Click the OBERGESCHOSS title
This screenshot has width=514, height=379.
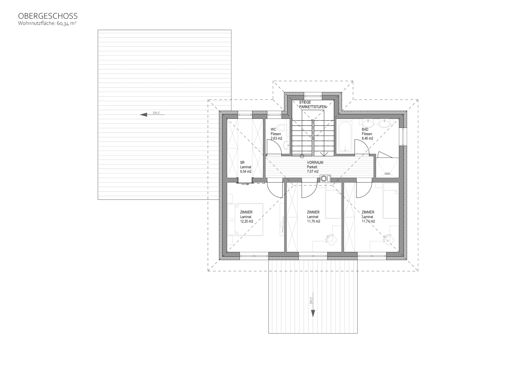(48, 16)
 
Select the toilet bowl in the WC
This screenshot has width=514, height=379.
(282, 128)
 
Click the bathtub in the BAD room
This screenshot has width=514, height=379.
(345, 137)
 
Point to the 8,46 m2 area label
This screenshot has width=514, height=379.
(367, 138)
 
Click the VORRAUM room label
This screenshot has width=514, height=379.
(315, 162)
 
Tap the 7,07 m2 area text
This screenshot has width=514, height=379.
(313, 172)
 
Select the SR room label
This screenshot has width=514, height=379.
(242, 162)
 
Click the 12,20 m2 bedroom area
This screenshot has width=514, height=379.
(247, 221)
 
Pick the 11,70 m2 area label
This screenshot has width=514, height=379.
(314, 221)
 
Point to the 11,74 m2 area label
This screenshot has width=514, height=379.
(368, 221)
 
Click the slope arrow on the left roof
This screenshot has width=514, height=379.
(152, 115)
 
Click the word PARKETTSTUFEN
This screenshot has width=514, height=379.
(313, 107)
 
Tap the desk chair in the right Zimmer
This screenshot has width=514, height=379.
(388, 239)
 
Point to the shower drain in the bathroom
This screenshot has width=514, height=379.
(387, 173)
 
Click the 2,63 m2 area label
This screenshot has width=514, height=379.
(276, 138)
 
